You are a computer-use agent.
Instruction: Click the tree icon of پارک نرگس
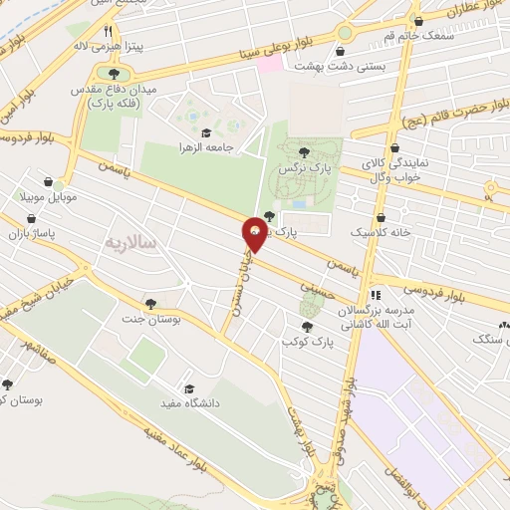(x=304, y=151)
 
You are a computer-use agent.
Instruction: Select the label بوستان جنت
(x=150, y=319)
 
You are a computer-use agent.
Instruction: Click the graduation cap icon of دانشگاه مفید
(x=187, y=388)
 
